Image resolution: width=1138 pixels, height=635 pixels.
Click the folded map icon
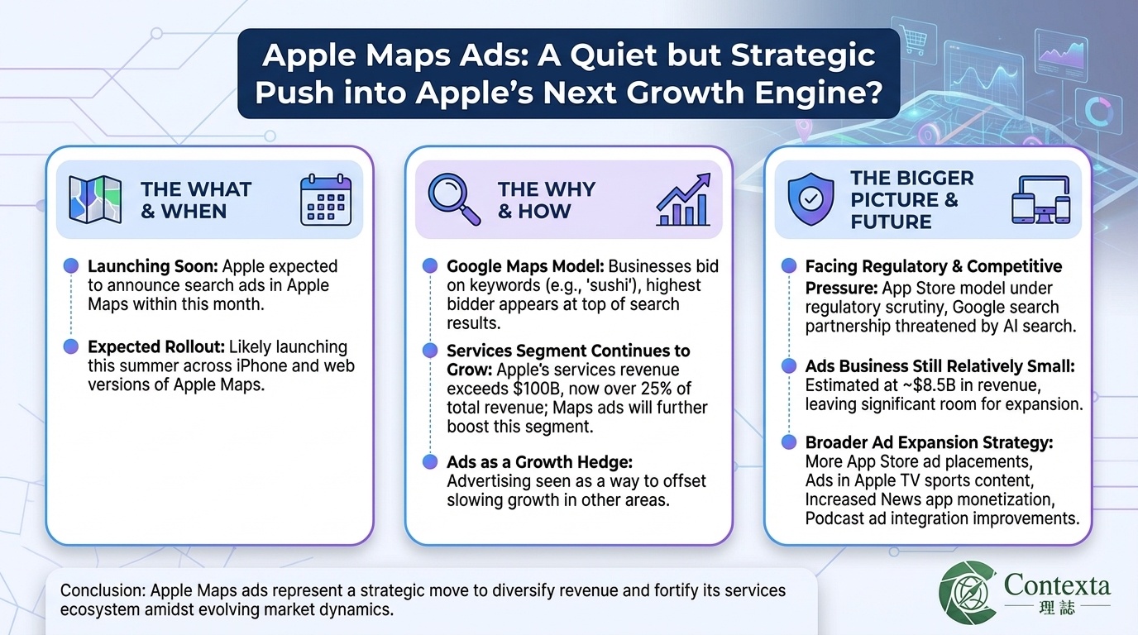(x=93, y=200)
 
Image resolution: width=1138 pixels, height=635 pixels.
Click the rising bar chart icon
(x=683, y=200)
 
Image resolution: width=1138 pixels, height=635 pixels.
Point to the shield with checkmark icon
(x=810, y=199)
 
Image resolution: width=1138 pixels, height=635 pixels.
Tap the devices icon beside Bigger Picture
(x=1040, y=199)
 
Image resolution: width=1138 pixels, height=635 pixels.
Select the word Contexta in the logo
(x=1057, y=586)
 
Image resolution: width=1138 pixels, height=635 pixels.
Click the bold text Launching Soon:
(x=153, y=267)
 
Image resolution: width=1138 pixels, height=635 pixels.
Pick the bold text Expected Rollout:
(x=155, y=347)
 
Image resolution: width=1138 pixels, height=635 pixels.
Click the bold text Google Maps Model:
(x=525, y=267)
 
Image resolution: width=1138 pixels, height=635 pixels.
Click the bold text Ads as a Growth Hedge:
(x=539, y=462)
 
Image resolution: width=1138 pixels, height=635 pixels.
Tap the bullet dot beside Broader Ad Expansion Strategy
(x=789, y=442)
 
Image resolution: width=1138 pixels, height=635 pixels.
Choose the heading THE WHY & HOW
(x=546, y=200)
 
